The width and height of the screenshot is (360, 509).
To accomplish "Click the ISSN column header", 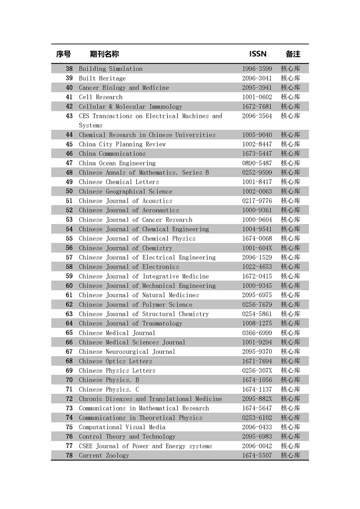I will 258,54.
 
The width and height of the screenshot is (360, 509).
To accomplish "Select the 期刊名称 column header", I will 104,54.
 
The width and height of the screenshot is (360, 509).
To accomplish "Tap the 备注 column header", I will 293,54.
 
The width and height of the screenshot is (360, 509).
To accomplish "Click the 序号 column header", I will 64,54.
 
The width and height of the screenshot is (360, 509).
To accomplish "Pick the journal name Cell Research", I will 100,97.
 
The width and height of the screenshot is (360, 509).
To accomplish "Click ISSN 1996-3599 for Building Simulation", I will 257,69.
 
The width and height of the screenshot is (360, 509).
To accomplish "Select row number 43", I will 69,116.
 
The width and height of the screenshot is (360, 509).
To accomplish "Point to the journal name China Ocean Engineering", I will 117,163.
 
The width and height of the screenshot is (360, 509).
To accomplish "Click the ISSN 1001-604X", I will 257,248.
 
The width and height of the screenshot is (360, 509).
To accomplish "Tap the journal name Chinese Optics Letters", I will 115,361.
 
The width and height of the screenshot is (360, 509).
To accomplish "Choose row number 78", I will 69,455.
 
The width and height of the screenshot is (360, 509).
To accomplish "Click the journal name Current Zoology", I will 104,455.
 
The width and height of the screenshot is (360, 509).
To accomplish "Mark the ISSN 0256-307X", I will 257,371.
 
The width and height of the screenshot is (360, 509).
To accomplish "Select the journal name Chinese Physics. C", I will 109,390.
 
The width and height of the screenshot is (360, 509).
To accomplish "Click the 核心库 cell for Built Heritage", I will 291,78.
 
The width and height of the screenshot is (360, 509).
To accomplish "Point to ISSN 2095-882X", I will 257,399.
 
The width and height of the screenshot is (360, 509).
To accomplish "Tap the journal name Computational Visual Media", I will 122,427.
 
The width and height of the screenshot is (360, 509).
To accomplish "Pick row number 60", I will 69,286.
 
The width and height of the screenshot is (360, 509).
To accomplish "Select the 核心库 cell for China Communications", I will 291,154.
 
